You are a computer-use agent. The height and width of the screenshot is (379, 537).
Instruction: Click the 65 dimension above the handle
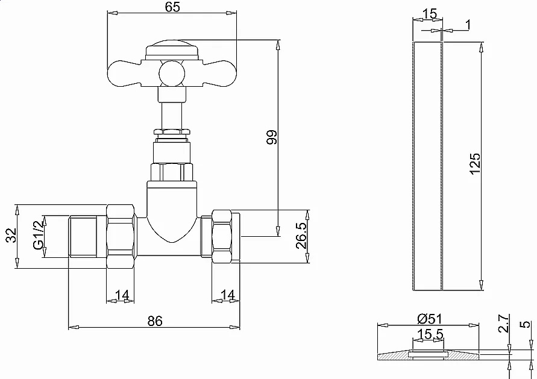[x=172, y=7]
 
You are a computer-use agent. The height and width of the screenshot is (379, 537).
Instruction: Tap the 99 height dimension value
[x=272, y=137]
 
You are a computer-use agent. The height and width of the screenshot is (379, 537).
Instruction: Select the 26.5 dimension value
[x=301, y=236]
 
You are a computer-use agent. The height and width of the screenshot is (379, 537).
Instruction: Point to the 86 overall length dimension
[x=155, y=321]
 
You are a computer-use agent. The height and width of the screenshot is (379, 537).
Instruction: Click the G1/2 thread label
[x=39, y=235]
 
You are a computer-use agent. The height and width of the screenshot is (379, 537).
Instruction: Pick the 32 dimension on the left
[x=11, y=235]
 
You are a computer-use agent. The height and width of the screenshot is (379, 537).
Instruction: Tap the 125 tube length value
[x=475, y=164]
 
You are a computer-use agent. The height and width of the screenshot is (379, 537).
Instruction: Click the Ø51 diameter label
[x=430, y=319]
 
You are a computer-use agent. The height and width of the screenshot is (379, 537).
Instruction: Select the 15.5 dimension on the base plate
[x=430, y=334]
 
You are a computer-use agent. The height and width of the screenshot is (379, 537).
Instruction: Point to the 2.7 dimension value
[x=503, y=324]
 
